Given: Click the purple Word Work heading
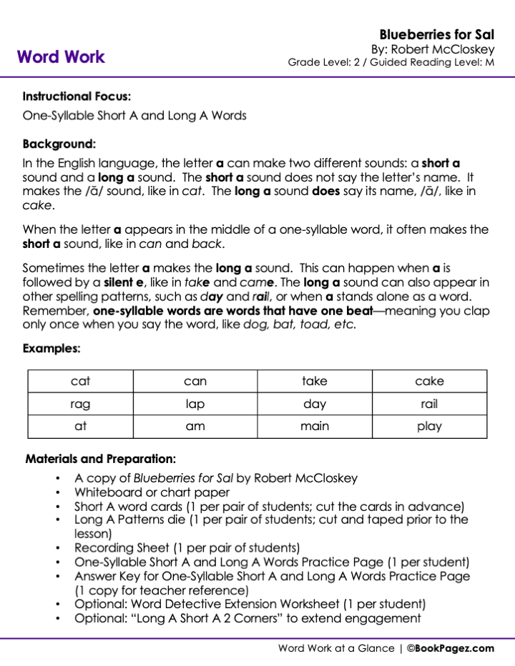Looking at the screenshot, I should [61, 57].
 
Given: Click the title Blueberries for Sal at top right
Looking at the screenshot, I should [436, 34].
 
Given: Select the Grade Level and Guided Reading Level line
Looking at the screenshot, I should [391, 62].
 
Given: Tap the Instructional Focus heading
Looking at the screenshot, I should [77, 96].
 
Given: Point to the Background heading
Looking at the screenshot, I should [59, 143].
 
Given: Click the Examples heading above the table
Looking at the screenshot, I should [51, 349].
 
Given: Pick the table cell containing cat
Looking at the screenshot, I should [81, 382].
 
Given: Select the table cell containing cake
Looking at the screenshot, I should [429, 382].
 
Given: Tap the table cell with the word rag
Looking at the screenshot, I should [81, 404].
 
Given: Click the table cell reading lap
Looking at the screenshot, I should [195, 404].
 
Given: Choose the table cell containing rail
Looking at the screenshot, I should [429, 404].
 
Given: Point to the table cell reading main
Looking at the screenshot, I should [315, 427].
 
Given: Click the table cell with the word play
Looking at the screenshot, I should [429, 427].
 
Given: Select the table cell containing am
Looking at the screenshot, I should [195, 427].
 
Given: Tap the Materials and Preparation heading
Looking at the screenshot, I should [100, 459].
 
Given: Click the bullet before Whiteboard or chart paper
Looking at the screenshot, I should [57, 492].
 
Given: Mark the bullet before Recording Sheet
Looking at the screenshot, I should [57, 548].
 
